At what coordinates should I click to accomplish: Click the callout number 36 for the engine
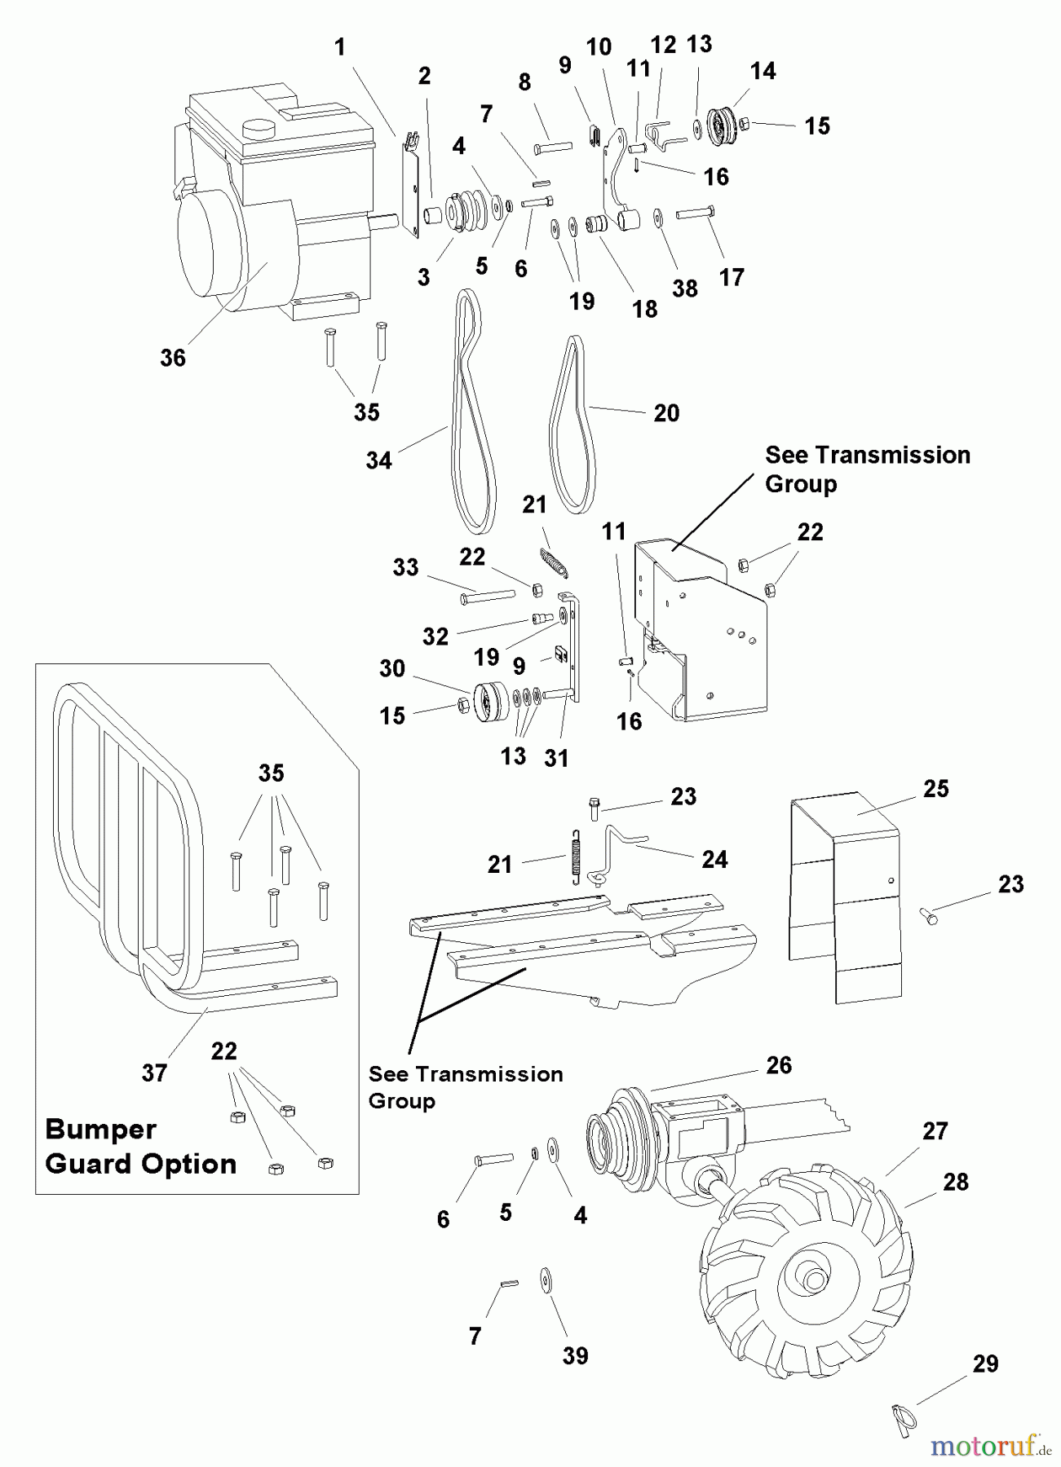[173, 358]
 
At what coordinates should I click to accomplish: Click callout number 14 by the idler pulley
[763, 72]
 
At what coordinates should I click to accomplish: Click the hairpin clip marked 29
[902, 1418]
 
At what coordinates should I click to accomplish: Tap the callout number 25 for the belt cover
[936, 789]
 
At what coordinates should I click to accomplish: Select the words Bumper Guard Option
[141, 1147]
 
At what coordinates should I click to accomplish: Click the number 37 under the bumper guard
[155, 1073]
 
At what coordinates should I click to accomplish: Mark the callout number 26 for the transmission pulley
[779, 1065]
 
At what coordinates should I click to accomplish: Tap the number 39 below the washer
[575, 1355]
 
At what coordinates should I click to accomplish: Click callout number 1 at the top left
[340, 47]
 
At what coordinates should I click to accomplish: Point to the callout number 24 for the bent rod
[715, 859]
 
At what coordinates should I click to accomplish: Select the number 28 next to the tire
[956, 1182]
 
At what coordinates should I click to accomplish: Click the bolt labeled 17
[696, 213]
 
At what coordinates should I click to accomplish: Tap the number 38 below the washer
[685, 289]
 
